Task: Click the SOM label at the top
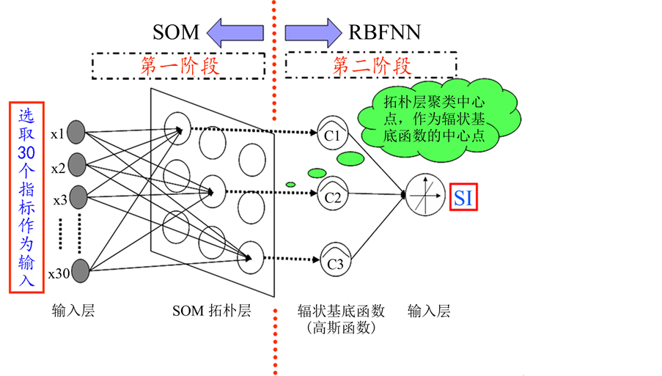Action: point(176,32)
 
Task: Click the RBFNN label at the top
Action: point(385,32)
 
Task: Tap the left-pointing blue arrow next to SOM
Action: point(235,32)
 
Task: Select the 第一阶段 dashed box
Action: point(179,66)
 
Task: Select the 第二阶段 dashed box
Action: point(372,66)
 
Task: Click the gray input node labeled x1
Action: point(77,133)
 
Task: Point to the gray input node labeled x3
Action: point(77,196)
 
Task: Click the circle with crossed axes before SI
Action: point(425,194)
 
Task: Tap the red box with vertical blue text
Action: point(26,197)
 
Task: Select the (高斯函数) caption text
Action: point(342,328)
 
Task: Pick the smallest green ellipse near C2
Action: point(290,184)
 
